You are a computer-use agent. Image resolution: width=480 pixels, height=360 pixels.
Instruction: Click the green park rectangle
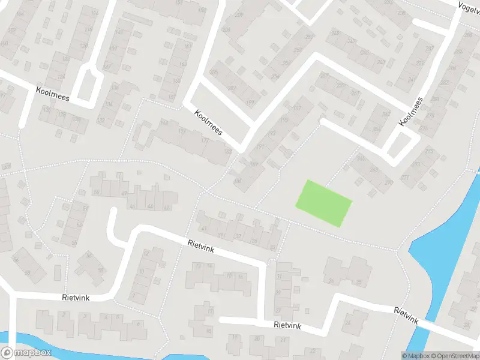[323, 203]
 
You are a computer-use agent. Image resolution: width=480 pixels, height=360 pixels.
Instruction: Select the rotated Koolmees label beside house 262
[411, 112]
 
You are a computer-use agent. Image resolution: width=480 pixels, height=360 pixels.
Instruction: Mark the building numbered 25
[359, 282]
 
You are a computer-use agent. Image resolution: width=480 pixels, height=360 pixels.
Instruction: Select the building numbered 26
[331, 281]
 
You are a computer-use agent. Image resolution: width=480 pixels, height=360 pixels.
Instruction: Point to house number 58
[101, 271]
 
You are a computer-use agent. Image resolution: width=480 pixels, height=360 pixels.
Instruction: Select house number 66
[16, 260]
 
